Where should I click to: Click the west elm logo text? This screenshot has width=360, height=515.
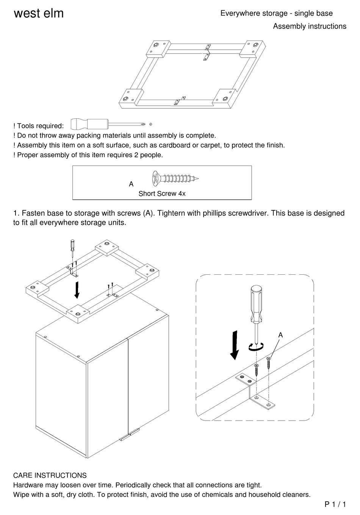coord(39,14)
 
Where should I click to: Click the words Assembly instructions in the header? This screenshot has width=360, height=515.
coord(310,26)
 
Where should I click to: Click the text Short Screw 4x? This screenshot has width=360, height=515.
coord(162,194)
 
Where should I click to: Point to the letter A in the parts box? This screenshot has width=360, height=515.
coord(131,184)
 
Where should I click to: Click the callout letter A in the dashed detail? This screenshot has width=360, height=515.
coord(280,335)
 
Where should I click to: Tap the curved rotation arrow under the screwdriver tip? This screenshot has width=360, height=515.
coord(256,346)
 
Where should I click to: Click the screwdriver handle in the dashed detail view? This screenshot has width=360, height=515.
coord(256,303)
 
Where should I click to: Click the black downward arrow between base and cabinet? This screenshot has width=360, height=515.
coord(77,290)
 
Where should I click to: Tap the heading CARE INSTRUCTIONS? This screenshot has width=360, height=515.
coord(50,475)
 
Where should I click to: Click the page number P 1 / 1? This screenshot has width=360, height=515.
coord(335,504)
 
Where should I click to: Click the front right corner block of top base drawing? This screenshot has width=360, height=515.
coord(225,99)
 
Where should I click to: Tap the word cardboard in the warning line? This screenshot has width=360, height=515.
coord(175,145)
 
